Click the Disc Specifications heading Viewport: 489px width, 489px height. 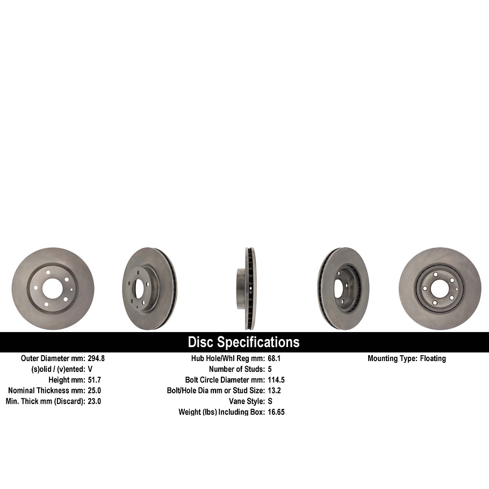tap(243, 342)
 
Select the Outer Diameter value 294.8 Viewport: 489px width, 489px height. tap(97, 358)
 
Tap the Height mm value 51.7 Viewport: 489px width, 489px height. tap(94, 380)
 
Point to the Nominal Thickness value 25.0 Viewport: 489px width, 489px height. tap(94, 391)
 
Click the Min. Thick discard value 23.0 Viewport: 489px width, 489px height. tap(94, 401)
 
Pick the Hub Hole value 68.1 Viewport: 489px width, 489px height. tap(275, 358)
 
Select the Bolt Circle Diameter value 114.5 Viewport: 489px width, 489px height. tap(276, 380)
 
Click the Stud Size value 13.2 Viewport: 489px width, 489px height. tap(274, 391)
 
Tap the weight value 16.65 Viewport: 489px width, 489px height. tap(276, 412)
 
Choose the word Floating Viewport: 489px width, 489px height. tap(433, 358)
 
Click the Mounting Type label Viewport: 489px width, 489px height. tap(392, 358)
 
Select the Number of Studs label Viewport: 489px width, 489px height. tap(236, 369)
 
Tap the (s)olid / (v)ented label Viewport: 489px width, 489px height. tap(58, 369)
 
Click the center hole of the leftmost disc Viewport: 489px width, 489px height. tap(52, 289)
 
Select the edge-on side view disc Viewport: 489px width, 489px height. tap(246, 289)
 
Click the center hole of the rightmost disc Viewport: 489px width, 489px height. tap(439, 289)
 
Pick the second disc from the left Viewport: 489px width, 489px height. tap(149, 289)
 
